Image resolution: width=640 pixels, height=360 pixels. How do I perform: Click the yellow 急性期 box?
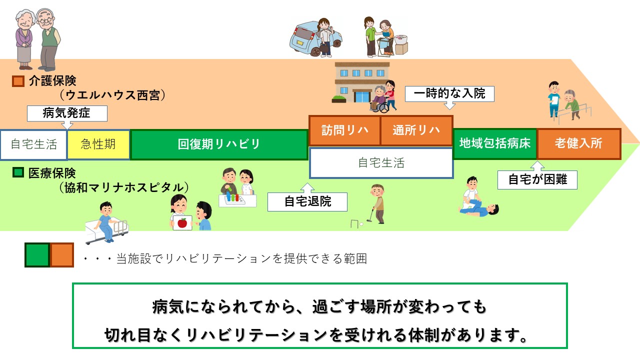pyautogui.click(x=98, y=144)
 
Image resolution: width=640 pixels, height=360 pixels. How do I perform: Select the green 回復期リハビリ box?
pyautogui.click(x=219, y=144)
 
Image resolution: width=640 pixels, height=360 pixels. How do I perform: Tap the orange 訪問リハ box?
pyautogui.click(x=344, y=130)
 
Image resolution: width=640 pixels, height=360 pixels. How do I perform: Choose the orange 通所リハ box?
pyautogui.click(x=416, y=130)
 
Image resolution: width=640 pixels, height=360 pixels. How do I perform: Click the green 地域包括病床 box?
pyautogui.click(x=495, y=143)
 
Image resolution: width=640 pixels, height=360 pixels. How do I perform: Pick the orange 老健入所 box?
pyautogui.click(x=579, y=143)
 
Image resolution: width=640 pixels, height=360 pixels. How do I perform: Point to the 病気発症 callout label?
pyautogui.click(x=67, y=113)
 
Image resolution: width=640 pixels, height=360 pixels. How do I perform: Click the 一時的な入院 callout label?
pyautogui.click(x=449, y=93)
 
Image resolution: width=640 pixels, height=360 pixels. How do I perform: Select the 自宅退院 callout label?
pyautogui.click(x=307, y=201)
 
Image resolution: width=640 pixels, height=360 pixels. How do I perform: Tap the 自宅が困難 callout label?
pyautogui.click(x=537, y=179)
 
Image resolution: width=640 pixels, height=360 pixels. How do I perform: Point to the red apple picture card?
pyautogui.click(x=182, y=222)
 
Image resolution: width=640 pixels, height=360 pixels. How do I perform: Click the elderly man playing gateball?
pyautogui.click(x=377, y=203)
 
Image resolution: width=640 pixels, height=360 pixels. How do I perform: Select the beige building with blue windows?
pyautogui.click(x=361, y=82)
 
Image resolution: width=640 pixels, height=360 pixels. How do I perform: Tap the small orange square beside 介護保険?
pyautogui.click(x=18, y=81)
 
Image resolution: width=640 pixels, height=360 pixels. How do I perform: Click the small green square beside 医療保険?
pyautogui.click(x=18, y=172)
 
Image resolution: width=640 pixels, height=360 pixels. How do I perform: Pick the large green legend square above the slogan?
pyautogui.click(x=37, y=255)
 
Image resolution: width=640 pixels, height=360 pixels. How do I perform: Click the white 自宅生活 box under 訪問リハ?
pyautogui.click(x=381, y=163)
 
